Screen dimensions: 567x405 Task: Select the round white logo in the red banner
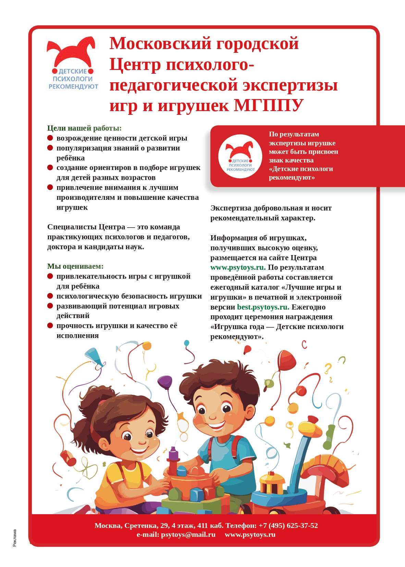tap(240, 156)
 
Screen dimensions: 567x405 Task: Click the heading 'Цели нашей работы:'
tap(84, 128)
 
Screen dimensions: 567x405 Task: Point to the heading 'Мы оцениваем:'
tap(75, 266)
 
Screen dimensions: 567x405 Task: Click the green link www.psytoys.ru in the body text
tap(238, 267)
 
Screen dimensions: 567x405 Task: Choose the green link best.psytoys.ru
tap(263, 307)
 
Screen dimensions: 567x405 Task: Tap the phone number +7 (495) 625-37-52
tap(288, 526)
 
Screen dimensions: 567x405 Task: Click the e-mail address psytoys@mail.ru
tap(188, 534)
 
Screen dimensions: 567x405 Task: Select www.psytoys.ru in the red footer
tap(250, 534)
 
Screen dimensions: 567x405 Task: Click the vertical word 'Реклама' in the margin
tap(15, 538)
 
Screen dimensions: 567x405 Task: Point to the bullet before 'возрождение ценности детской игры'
tap(50, 138)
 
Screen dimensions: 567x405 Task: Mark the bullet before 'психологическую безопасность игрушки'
tap(50, 296)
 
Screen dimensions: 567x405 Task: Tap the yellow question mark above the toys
tap(328, 368)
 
